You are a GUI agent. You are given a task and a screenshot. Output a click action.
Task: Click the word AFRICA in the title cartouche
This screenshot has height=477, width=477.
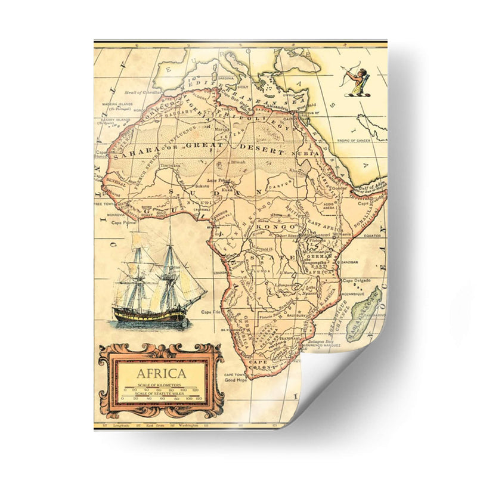(161, 375)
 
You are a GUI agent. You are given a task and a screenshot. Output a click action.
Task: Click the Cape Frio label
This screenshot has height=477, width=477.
(207, 312)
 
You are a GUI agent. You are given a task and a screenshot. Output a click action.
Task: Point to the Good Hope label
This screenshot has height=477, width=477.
(236, 379)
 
